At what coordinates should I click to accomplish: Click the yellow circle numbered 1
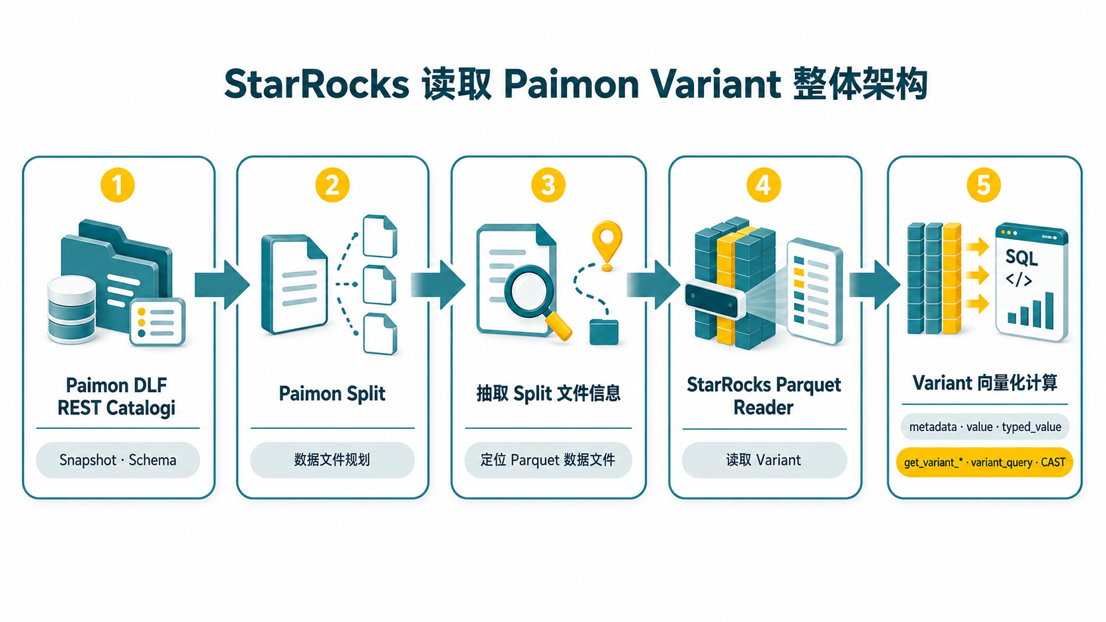coord(118,186)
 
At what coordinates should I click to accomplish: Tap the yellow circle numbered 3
coord(548,186)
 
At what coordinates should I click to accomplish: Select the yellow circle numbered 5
coord(984,186)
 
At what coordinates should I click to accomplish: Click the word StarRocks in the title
coord(316,84)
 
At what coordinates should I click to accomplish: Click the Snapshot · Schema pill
coord(118,459)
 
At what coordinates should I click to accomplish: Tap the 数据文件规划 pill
coord(332,459)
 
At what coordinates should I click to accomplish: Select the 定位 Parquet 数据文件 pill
coord(548,459)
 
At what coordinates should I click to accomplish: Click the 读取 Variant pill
coord(764,459)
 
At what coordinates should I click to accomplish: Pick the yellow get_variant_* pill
coord(984,462)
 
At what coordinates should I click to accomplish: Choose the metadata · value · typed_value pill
coord(984,426)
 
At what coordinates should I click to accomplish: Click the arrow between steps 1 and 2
coord(222,285)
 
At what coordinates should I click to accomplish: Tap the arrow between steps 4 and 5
coord(874,285)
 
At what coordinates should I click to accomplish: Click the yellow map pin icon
coord(607,244)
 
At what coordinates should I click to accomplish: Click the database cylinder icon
coord(71,309)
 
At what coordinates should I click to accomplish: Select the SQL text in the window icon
coord(1021,258)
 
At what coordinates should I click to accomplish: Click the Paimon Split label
coord(332,393)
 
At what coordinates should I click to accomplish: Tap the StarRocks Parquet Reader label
coord(764,395)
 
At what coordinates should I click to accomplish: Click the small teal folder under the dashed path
coord(604,332)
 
